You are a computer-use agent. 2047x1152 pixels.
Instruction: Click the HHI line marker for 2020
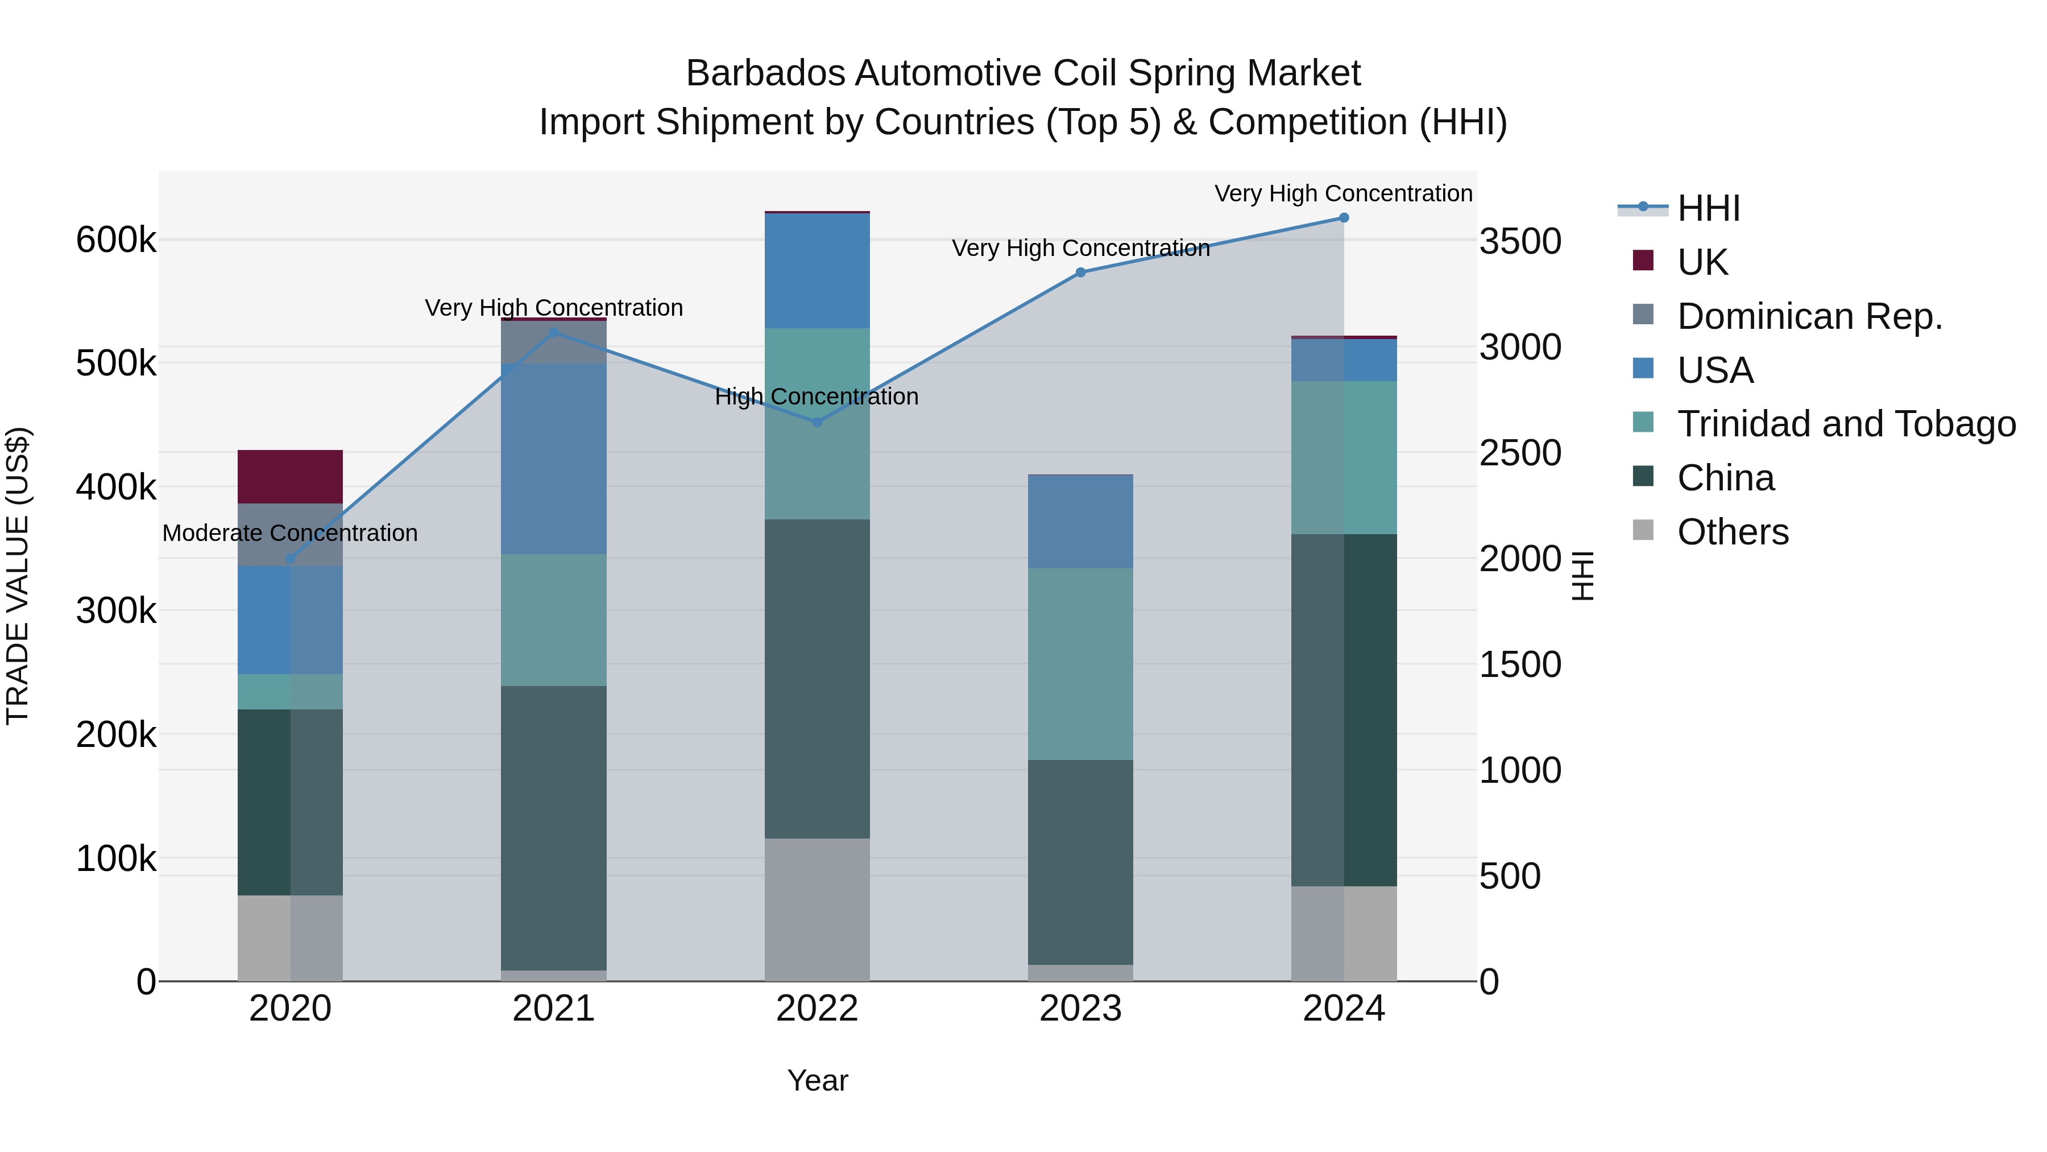[x=290, y=558]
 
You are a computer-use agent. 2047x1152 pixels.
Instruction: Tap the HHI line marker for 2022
[x=817, y=422]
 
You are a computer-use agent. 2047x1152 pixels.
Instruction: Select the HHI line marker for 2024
[x=1344, y=218]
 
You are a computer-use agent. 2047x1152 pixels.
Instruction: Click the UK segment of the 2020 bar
[x=290, y=476]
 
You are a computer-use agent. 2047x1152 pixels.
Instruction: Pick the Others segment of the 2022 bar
[x=817, y=910]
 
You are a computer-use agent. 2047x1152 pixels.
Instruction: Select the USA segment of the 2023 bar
[x=1080, y=522]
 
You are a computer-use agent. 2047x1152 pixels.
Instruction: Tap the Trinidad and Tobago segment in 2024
[x=1344, y=457]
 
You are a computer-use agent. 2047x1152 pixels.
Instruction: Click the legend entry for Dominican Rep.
[x=1809, y=316]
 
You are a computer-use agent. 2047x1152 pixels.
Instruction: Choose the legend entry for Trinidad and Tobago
[x=1845, y=424]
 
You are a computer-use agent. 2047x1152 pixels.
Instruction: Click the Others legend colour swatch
[x=1643, y=530]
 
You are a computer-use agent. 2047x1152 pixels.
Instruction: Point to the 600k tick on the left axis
[x=116, y=240]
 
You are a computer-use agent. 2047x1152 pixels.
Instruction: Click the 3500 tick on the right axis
[x=1519, y=242]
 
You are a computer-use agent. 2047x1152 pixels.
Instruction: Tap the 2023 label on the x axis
[x=1080, y=1009]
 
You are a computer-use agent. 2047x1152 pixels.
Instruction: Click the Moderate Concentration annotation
[x=290, y=532]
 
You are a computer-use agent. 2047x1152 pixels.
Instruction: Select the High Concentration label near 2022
[x=817, y=396]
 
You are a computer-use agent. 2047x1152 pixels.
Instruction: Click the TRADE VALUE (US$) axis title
[x=18, y=576]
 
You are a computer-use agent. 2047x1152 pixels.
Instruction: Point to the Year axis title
[x=818, y=1080]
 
